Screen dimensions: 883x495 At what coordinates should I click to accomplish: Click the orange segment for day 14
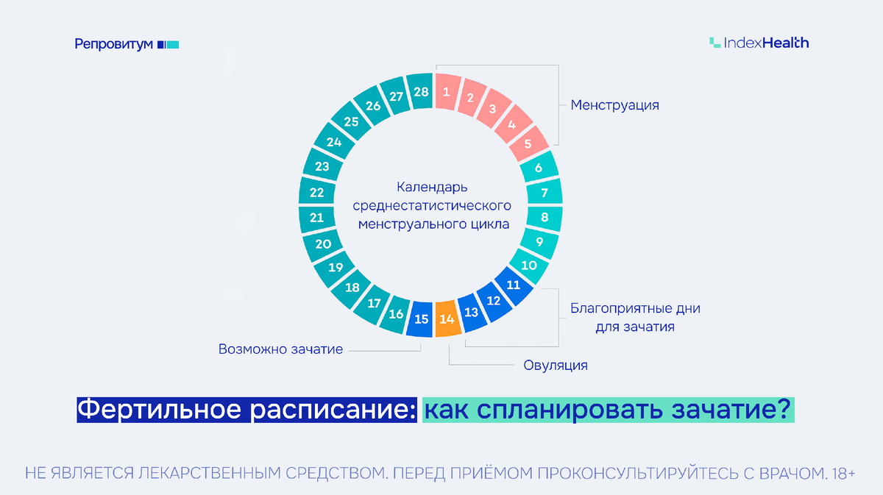pos(446,319)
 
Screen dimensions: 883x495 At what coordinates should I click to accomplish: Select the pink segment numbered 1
pos(445,93)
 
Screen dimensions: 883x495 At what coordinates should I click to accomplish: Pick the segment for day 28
pos(420,93)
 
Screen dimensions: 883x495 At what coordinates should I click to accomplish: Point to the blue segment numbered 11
pos(514,284)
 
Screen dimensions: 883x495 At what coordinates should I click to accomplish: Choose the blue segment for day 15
pos(421,319)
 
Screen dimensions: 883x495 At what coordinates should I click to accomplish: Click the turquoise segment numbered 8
pos(545,218)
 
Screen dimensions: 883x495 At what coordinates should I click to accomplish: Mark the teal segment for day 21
pos(317,218)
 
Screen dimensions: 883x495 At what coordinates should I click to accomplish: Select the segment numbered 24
pos(333,142)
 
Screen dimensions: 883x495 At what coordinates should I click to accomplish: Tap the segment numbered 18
pos(352,288)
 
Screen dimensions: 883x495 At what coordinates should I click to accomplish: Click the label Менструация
pos(614,105)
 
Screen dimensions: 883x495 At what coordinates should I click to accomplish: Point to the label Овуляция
pos(556,365)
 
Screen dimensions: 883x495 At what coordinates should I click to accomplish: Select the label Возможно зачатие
pos(280,349)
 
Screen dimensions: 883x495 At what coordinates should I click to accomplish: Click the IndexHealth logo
pos(759,43)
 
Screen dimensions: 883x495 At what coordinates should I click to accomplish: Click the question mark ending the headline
pos(784,410)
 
